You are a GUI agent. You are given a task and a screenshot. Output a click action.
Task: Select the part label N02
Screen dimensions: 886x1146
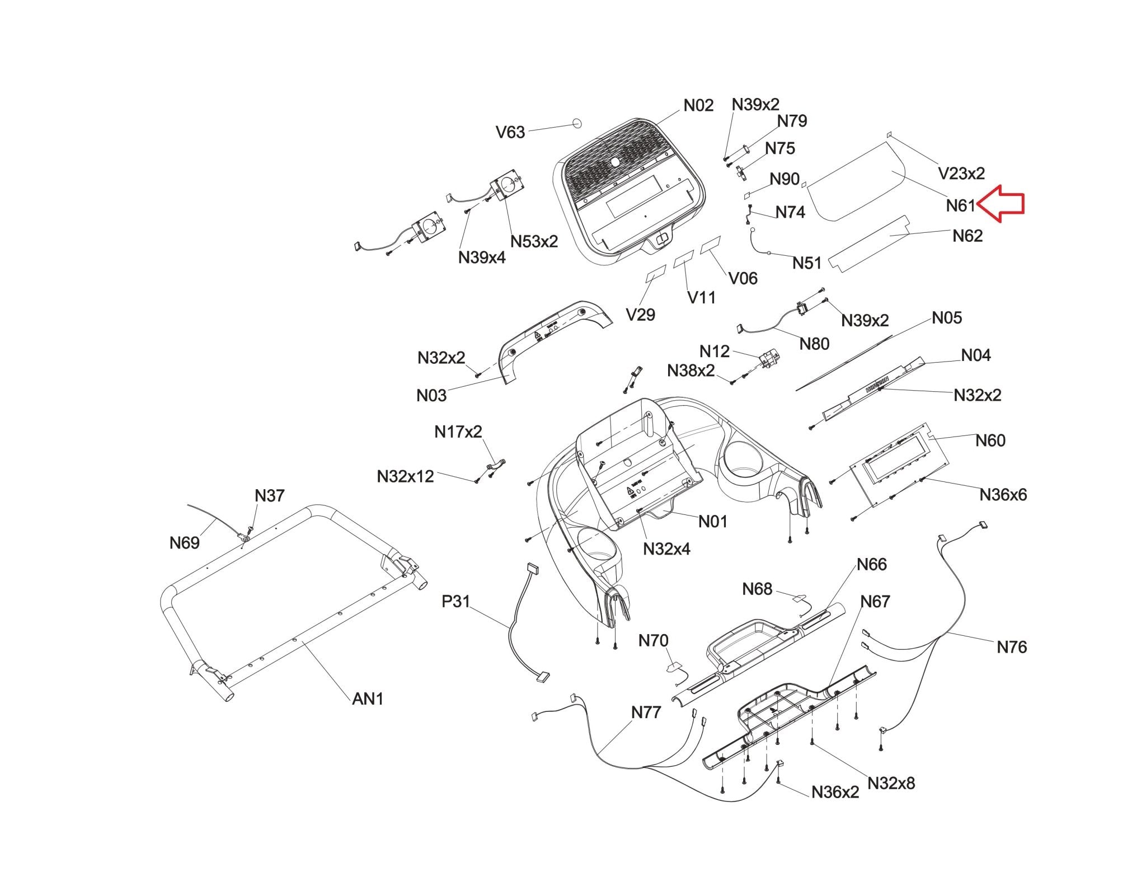pos(698,106)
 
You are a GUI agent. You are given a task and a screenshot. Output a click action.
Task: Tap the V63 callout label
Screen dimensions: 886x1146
pos(510,132)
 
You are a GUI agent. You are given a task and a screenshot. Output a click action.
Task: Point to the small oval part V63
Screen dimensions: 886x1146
pos(577,123)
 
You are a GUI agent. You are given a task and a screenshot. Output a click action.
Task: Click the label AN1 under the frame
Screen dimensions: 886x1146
pos(368,699)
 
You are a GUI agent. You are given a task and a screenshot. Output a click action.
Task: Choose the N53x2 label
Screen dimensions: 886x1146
pos(534,242)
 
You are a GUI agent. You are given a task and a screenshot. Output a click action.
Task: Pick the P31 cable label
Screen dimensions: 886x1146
pos(456,602)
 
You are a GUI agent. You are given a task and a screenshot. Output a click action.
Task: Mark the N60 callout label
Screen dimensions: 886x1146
pos(990,440)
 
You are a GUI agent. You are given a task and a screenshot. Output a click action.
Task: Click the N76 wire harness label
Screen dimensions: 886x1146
pos(1012,647)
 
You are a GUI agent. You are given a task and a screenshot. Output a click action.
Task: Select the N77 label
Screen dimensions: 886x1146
pos(646,712)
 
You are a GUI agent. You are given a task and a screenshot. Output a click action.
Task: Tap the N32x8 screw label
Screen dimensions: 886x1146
pos(891,783)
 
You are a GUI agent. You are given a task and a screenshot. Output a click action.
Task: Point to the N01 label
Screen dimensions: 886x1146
pos(713,522)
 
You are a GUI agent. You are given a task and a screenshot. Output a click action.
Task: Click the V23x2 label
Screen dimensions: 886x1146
pos(961,174)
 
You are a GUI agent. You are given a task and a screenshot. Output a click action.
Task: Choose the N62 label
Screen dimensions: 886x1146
pos(967,236)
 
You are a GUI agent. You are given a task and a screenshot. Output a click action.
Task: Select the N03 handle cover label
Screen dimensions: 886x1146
pos(431,396)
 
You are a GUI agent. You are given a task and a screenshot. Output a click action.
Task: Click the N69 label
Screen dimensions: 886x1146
pos(185,542)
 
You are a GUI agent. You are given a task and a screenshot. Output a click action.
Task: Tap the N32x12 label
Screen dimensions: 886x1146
pos(405,476)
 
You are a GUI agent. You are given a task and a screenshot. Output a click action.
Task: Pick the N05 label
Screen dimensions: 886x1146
pos(947,318)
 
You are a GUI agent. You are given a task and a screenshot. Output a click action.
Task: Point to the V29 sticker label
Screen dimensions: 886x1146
pos(640,315)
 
